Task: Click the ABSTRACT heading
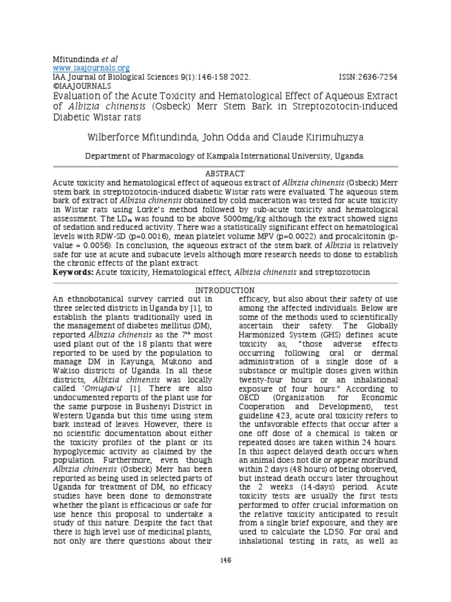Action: coord(225,174)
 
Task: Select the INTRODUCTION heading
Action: coord(225,290)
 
